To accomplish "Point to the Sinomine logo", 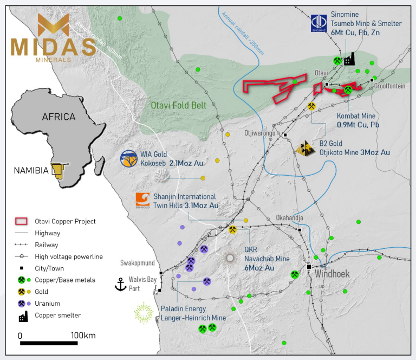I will coord(318,23).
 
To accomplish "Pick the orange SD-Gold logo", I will coord(143,200).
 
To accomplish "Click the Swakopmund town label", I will coord(137,263).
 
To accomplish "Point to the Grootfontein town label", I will coord(389,86).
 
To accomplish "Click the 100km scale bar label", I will coord(82,335).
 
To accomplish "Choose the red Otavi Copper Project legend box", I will coord(21,221).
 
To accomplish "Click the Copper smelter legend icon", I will coord(22,315).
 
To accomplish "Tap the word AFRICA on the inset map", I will coord(58,117).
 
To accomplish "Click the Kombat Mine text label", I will coord(355,115).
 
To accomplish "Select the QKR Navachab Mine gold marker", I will coord(232,230).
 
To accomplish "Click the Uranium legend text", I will coord(48,303).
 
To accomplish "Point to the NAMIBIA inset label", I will coord(31,171).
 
